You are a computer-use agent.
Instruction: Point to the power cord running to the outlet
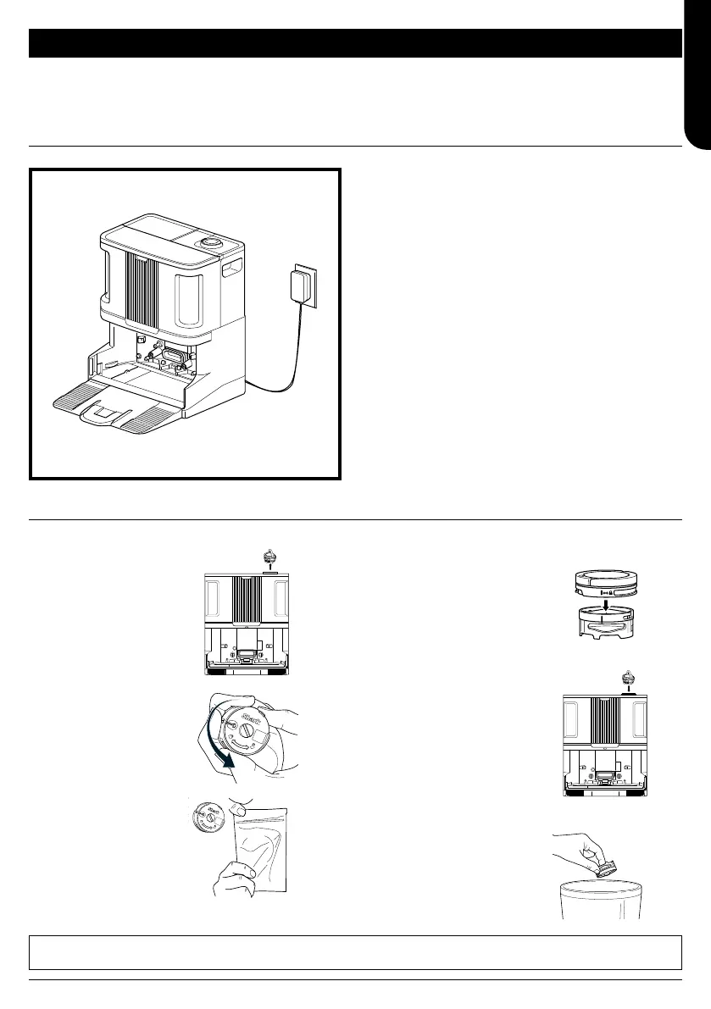click(x=288, y=356)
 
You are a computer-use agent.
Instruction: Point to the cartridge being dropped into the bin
click(x=608, y=860)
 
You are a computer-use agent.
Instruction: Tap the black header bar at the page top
click(x=355, y=42)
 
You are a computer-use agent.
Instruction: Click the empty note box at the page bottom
click(x=355, y=952)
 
